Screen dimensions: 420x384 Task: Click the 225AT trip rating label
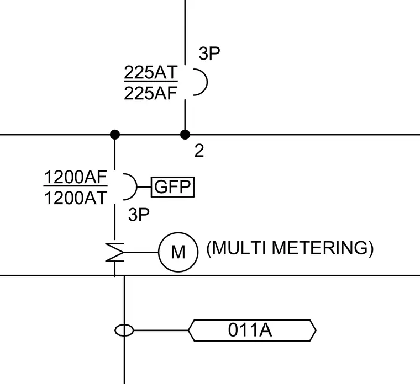point(150,72)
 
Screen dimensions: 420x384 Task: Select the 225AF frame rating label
point(150,93)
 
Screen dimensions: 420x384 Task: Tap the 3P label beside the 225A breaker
point(209,53)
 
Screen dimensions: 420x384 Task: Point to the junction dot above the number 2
point(185,135)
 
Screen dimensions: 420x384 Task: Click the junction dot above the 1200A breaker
point(115,135)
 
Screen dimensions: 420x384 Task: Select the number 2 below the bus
point(199,151)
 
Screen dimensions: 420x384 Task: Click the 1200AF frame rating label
point(76,177)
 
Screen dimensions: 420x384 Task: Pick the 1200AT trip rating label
point(76,198)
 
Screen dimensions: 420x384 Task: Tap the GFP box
point(172,187)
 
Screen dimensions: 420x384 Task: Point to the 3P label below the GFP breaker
point(139,215)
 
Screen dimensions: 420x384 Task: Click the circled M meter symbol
point(178,252)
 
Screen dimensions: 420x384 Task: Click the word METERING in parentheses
point(320,248)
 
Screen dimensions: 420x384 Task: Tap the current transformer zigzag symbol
point(115,252)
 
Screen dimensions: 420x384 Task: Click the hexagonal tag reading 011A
point(252,330)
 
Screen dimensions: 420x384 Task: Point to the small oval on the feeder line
point(124,330)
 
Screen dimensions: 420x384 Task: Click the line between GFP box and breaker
point(144,187)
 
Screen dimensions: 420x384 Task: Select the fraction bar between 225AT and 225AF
point(151,81)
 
